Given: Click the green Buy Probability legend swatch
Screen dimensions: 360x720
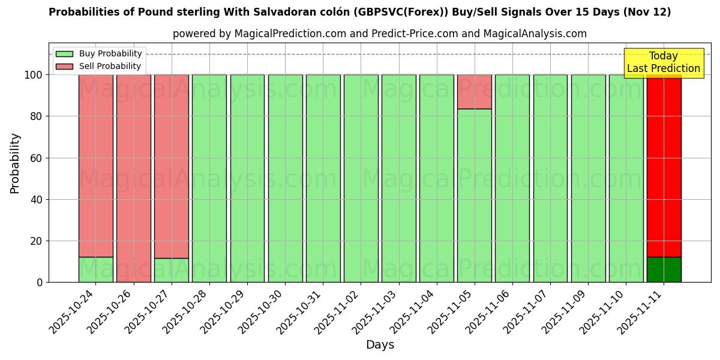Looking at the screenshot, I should click(x=64, y=54).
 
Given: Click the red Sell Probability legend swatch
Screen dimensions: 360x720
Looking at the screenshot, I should click(x=64, y=67).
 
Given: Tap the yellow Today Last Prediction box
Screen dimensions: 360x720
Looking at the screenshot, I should click(x=664, y=63).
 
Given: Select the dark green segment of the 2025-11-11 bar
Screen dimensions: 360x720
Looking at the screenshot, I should click(x=664, y=269).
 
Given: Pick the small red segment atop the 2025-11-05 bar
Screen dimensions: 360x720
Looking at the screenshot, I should click(x=475, y=92).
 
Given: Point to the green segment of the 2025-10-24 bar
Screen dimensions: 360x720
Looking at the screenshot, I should click(x=96, y=269).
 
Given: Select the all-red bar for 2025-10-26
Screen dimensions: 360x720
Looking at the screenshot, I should click(x=134, y=178).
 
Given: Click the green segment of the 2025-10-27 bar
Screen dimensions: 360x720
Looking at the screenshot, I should click(x=172, y=270).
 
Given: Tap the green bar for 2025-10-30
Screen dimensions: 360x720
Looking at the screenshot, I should click(x=286, y=178).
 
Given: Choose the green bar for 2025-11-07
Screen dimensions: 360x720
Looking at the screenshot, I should click(x=550, y=178).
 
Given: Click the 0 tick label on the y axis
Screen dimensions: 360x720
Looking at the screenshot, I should click(x=40, y=283).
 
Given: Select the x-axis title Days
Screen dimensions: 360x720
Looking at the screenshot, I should click(x=380, y=345).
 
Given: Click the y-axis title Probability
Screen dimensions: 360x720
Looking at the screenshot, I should click(x=15, y=163).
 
